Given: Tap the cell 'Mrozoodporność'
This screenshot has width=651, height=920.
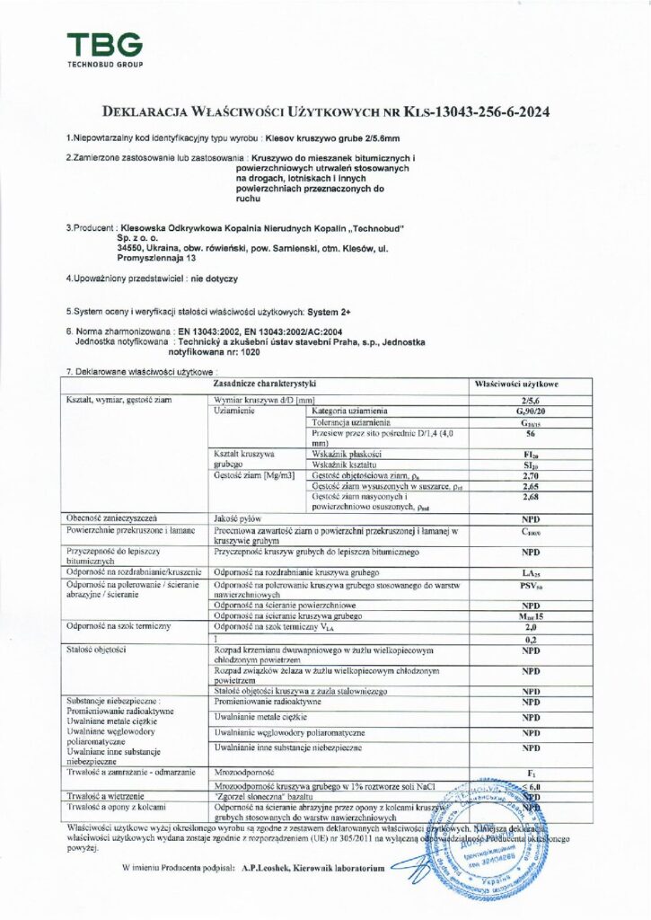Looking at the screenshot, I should pyautogui.click(x=242, y=772).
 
